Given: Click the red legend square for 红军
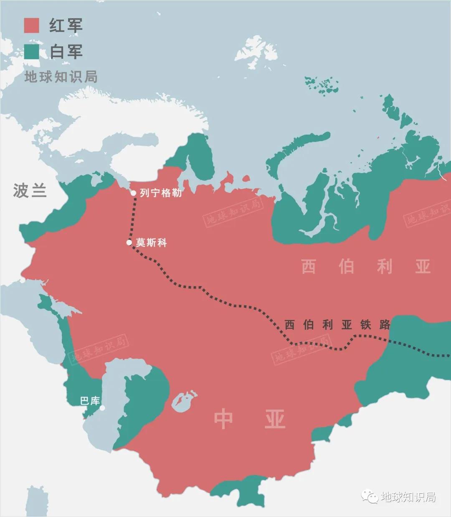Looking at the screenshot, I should (32, 25).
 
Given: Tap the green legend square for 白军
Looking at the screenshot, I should (32, 51).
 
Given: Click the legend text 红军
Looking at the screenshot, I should (66, 25).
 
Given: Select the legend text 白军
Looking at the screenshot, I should (66, 51).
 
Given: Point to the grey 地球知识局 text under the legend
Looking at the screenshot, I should (61, 76).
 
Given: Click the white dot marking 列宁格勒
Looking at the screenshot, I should (133, 193).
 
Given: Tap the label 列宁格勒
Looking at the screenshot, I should (161, 193).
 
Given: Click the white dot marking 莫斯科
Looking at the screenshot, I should (129, 242).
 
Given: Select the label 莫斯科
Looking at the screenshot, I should (151, 242).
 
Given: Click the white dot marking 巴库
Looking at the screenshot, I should (102, 408).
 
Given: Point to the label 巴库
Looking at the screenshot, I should (90, 401).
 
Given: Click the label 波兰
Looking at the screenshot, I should (29, 191).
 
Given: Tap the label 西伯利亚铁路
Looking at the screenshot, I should (337, 325).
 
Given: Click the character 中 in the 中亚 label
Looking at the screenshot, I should (223, 419).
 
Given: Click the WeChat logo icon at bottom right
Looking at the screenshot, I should (370, 497).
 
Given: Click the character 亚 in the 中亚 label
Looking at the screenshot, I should (274, 419).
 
